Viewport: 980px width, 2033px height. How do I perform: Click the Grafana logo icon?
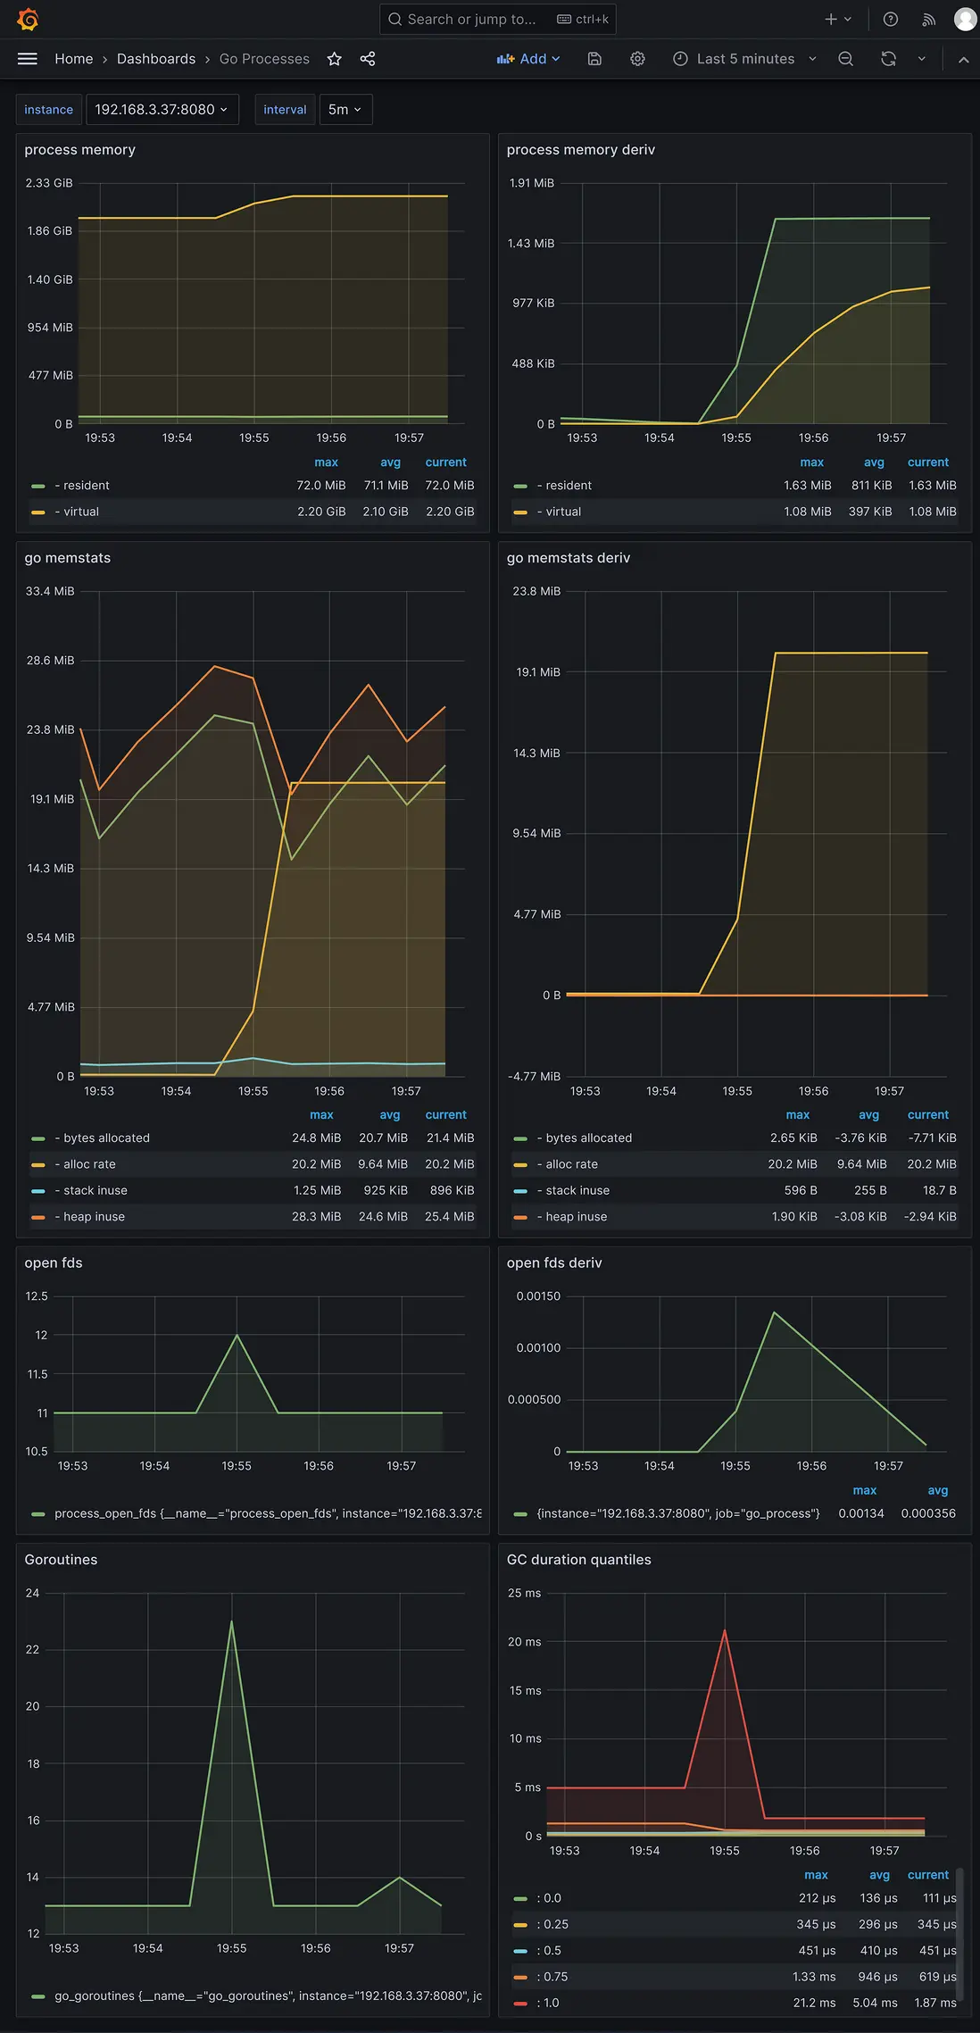click(28, 19)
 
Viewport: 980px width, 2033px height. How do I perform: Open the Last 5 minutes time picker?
click(744, 59)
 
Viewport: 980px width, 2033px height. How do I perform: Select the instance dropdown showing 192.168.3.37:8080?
click(162, 109)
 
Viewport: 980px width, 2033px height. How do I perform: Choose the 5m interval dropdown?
click(345, 109)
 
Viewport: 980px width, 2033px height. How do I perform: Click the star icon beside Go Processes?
click(335, 59)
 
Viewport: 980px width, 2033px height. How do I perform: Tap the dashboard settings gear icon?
click(637, 59)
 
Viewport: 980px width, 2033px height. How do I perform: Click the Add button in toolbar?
click(528, 59)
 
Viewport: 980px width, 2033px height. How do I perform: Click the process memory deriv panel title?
click(581, 150)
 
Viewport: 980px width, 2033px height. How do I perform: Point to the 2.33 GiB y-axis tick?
click(49, 183)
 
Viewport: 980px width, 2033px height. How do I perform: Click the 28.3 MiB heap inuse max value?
click(316, 1216)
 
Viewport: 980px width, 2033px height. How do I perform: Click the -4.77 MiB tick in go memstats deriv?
click(534, 1076)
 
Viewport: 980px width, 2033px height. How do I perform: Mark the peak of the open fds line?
click(237, 1335)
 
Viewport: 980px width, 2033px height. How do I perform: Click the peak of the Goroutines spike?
click(232, 1621)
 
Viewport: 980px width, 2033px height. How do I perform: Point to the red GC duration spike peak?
click(725, 1630)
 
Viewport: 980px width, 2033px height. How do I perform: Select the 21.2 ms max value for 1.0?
click(814, 2003)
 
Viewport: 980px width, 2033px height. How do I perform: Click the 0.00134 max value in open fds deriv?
click(860, 1513)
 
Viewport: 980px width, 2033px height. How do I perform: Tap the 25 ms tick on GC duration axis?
click(524, 1593)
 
